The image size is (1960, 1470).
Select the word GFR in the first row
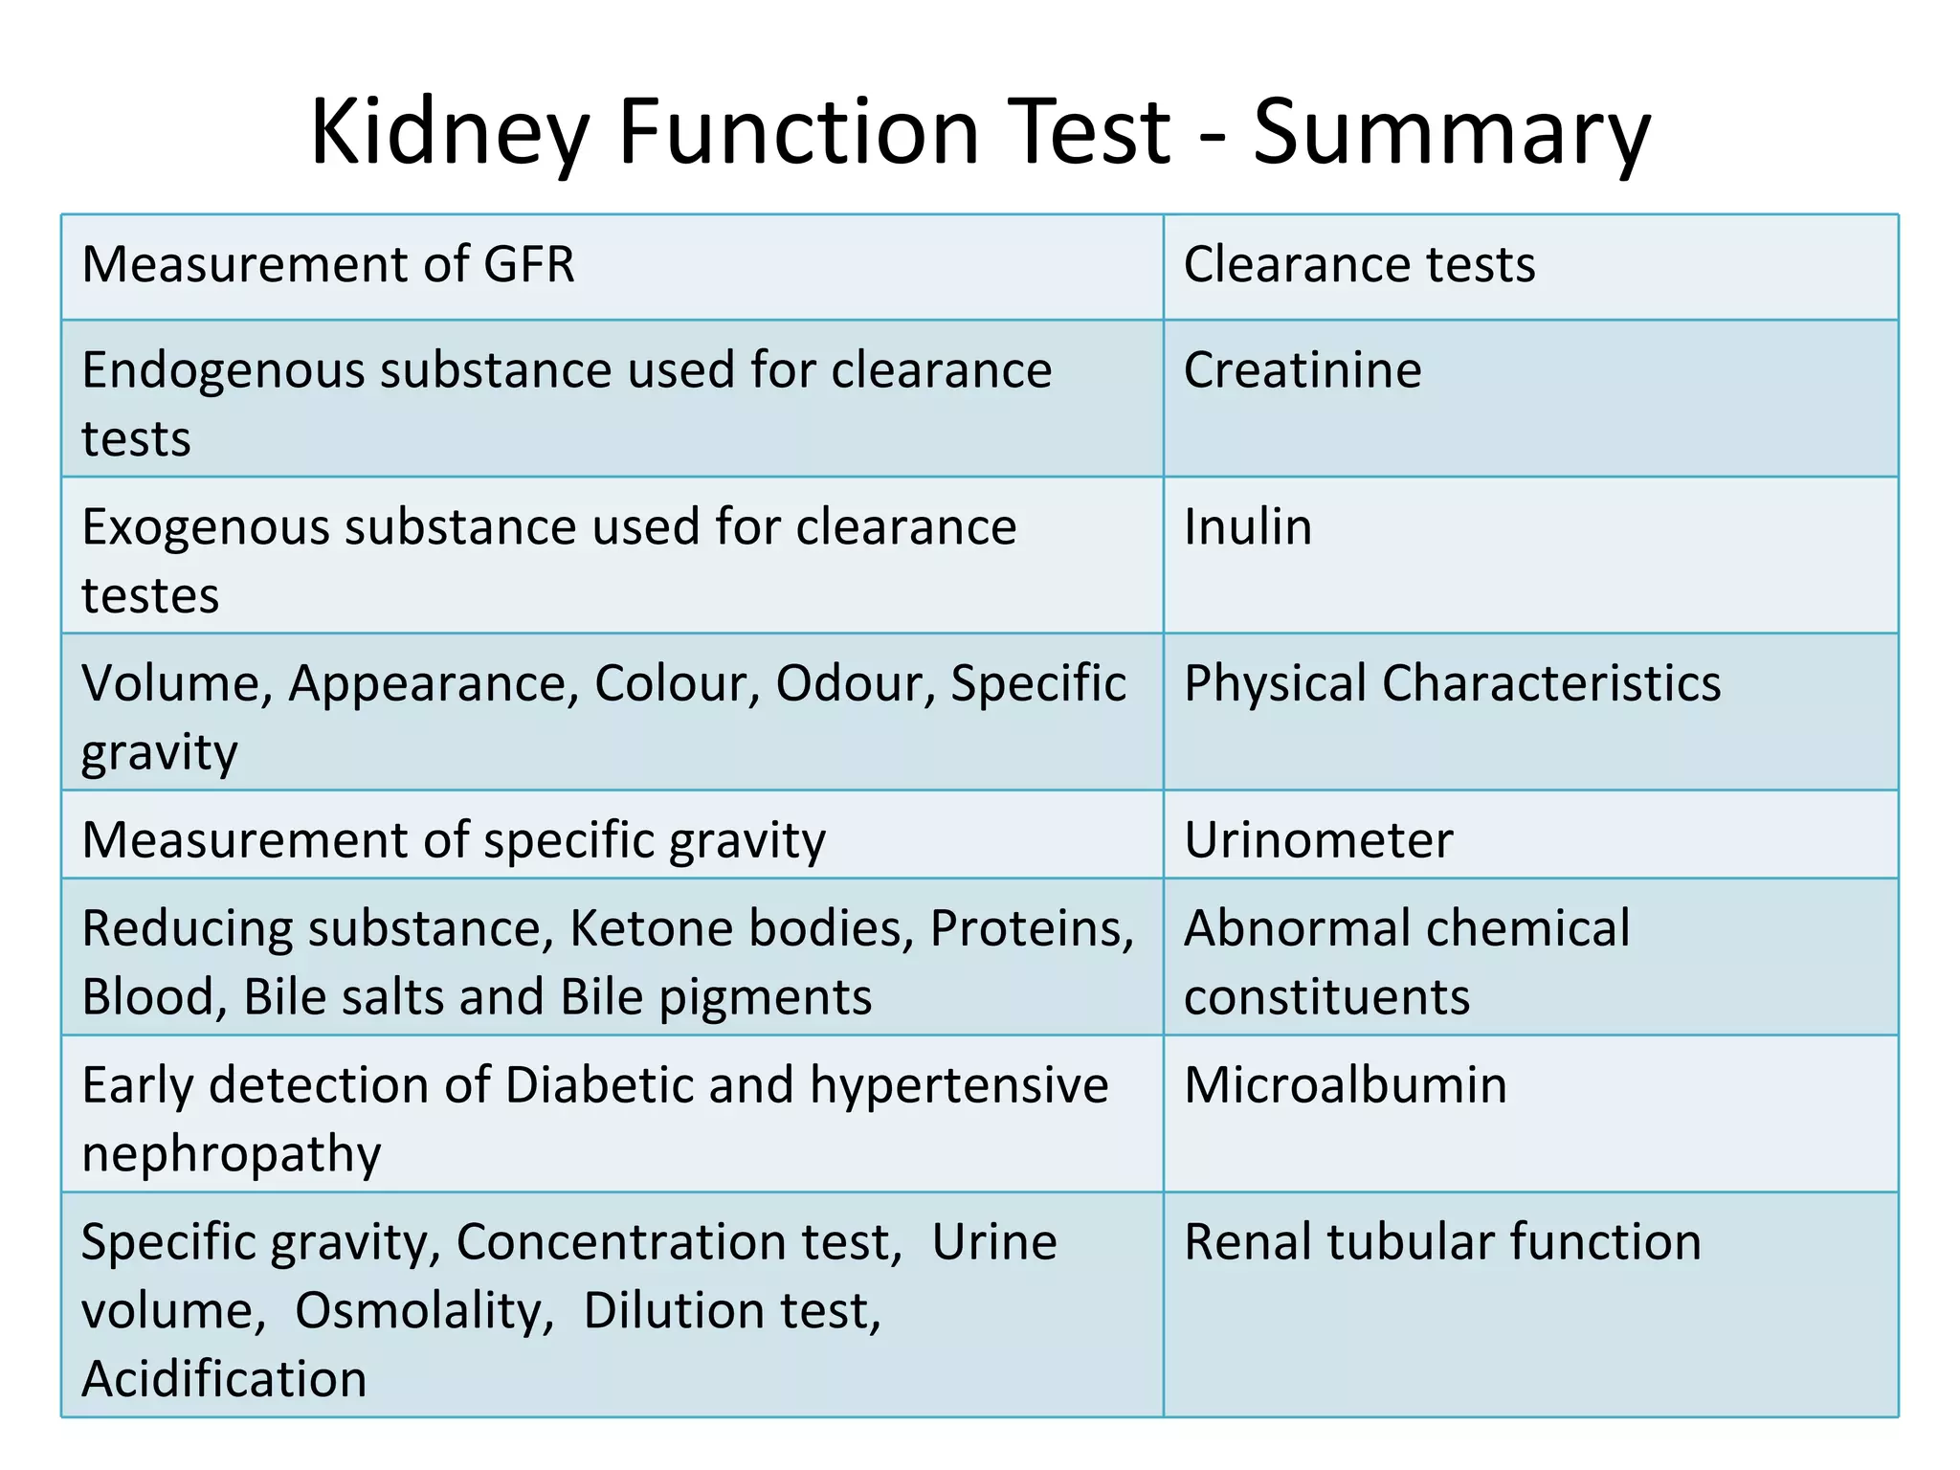[529, 264]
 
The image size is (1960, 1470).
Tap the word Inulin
[1248, 526]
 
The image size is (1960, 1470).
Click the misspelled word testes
[150, 595]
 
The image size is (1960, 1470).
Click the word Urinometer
[1318, 840]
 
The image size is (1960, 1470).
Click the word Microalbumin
[1345, 1085]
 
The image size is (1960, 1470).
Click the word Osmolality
[424, 1310]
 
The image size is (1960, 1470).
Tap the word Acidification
[224, 1379]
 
